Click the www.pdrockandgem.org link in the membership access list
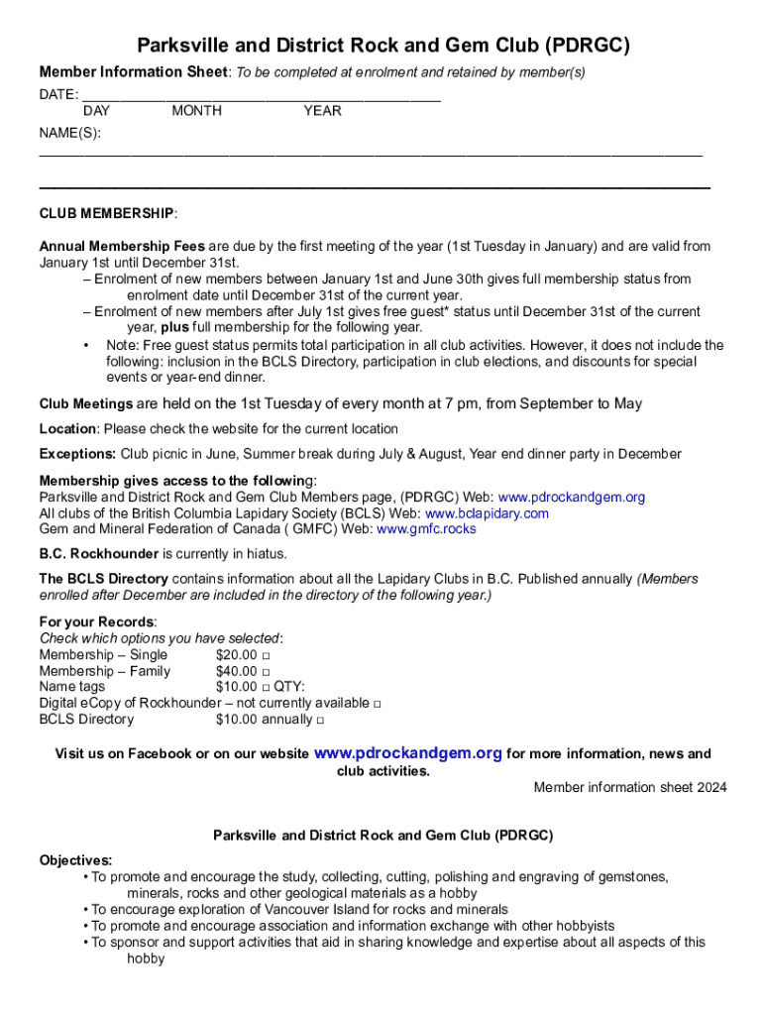[x=571, y=497]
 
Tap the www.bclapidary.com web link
[x=487, y=513]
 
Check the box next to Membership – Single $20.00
[x=267, y=656]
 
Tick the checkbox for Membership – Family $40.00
[x=267, y=672]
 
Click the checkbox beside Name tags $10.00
[x=267, y=688]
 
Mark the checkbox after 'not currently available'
[x=378, y=704]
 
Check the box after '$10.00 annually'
[x=318, y=721]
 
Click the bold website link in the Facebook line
[x=407, y=753]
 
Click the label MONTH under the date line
[x=196, y=111]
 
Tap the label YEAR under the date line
[x=322, y=111]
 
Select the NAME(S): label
[x=69, y=133]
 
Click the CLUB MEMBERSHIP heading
[x=108, y=213]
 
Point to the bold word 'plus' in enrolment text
[x=174, y=327]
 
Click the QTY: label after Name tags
[x=289, y=688]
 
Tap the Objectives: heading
[x=75, y=860]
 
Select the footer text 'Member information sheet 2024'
[x=629, y=787]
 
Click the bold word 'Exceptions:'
[x=77, y=454]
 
